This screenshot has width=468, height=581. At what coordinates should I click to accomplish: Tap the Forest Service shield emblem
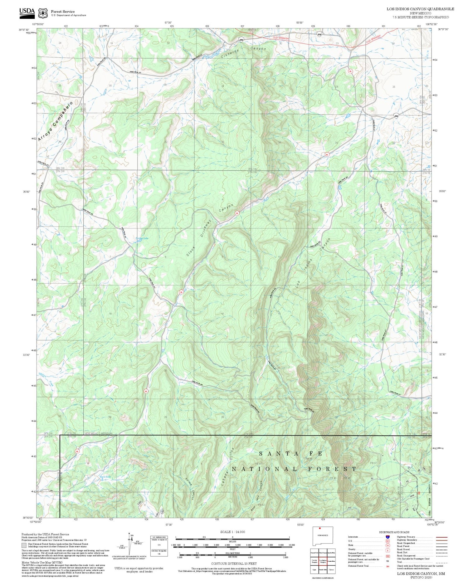tap(42, 13)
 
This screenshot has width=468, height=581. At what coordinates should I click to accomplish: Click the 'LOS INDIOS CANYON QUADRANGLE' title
tap(420, 9)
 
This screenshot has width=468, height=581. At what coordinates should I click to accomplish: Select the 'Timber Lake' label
tap(142, 238)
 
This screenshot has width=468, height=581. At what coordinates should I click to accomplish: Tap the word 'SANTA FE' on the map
tap(291, 453)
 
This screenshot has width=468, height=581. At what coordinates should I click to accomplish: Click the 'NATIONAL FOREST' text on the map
tap(294, 469)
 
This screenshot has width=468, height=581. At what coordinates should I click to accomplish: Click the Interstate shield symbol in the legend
tap(388, 537)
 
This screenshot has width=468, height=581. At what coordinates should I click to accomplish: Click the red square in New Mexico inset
tap(320, 529)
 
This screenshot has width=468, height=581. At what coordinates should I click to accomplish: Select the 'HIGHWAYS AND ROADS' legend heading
tap(394, 532)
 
